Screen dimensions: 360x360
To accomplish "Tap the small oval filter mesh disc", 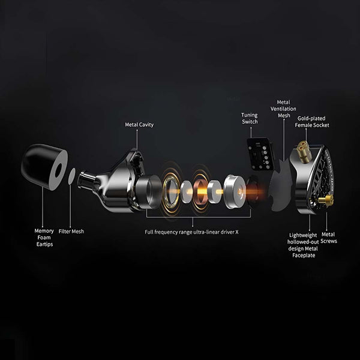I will point(71,176).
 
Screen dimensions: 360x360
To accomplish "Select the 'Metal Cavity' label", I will point(139,125).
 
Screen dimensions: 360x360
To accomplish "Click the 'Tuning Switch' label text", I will point(250,118).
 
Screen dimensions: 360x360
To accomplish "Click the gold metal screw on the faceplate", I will point(327,202).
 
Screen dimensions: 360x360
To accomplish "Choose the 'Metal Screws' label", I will point(328,238).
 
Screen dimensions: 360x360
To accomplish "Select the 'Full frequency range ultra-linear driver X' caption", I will point(192,231).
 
